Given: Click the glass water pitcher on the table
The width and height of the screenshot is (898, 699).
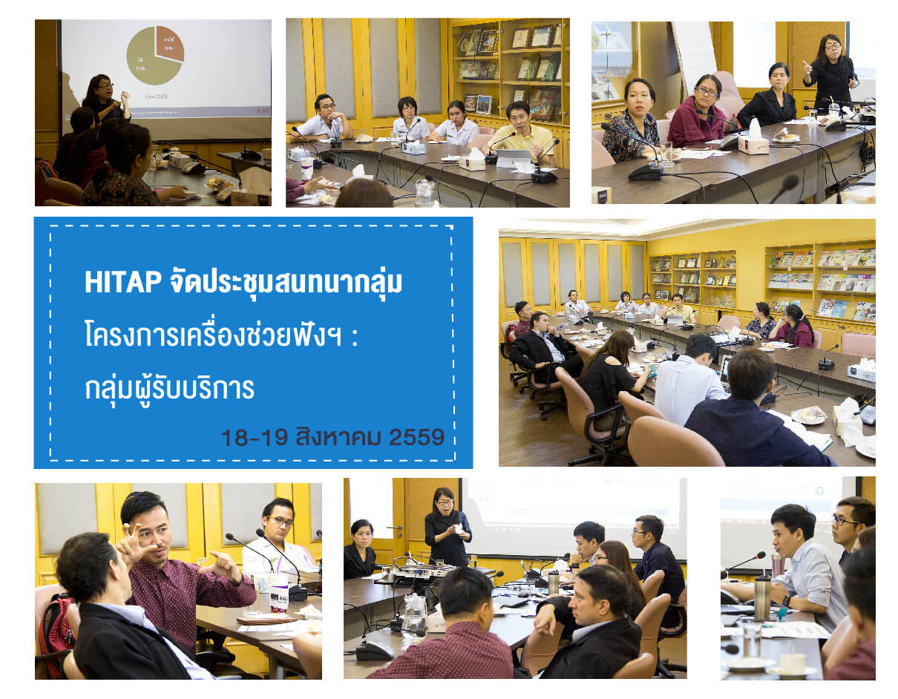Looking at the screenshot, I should pos(413,616).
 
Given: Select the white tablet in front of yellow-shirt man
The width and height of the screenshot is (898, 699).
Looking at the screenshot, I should pos(514,157).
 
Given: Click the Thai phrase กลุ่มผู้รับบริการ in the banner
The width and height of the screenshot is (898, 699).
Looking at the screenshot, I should pos(169,387).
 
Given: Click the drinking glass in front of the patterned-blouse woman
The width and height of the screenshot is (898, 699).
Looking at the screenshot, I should pos(666,153).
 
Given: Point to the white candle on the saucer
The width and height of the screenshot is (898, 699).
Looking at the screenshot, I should pos(792,661).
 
